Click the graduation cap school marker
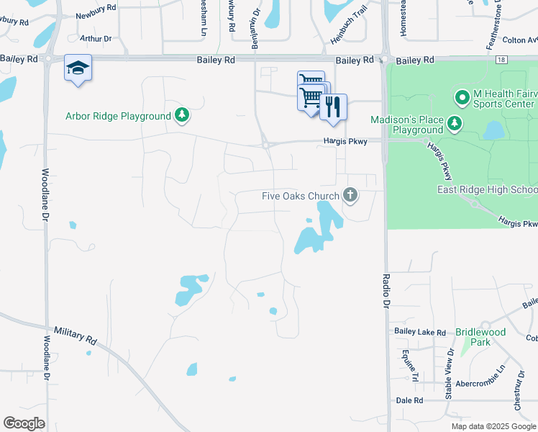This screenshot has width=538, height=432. pos(78,68)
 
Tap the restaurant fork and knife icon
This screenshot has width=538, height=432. pos(333,107)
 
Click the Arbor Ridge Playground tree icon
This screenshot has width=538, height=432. pos(183,115)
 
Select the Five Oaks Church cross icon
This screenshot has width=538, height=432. pos(350,195)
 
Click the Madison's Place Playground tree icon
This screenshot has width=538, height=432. pos(454,123)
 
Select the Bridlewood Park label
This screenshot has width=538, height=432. pos(480,337)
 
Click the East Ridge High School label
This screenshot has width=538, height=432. pos(487,189)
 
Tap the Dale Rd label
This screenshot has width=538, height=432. pos(409,400)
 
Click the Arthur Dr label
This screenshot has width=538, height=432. pos(96,38)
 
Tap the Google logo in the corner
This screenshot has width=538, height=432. pos(24,423)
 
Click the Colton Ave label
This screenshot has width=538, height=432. pos(519,40)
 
